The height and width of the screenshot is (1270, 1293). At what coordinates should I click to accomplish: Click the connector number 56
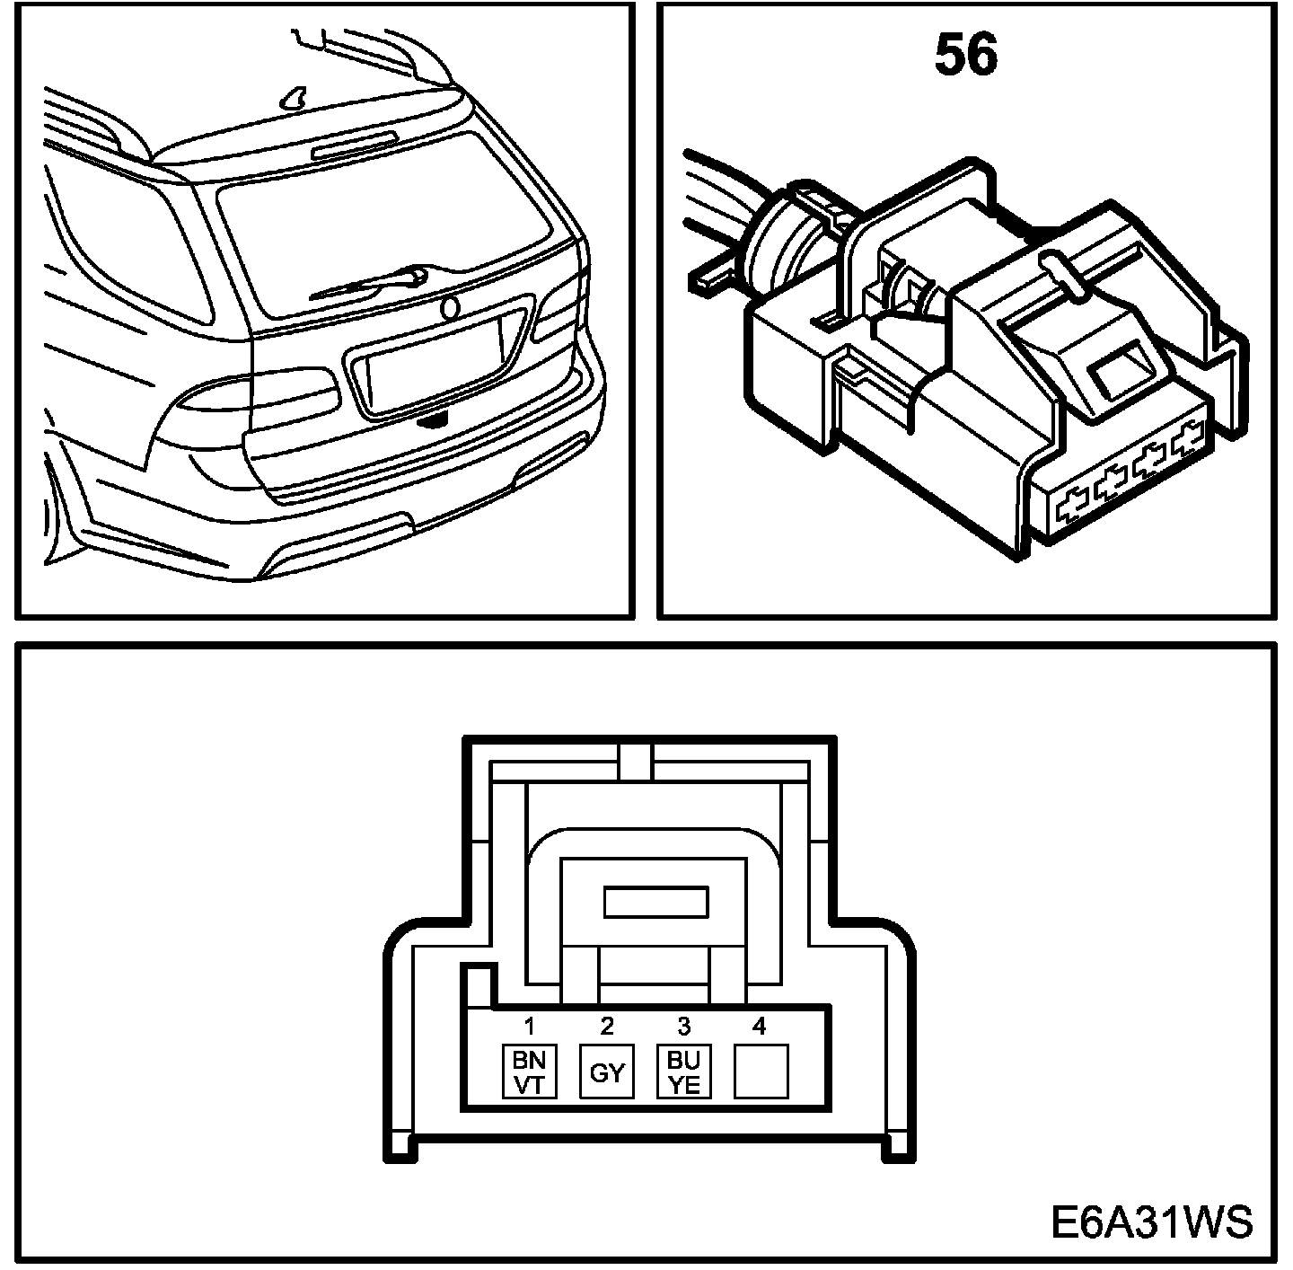coord(966,56)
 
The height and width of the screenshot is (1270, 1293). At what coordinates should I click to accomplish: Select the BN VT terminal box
coord(529,1071)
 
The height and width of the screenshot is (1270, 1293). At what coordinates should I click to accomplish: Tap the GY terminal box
coord(607,1071)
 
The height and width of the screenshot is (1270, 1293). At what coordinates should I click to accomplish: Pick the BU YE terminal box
coord(684,1071)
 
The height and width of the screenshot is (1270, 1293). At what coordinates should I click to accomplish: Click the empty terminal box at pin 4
coord(761,1071)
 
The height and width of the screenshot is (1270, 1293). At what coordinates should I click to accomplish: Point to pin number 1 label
coord(530,1025)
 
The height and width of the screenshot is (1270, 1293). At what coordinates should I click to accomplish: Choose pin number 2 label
coord(607,1025)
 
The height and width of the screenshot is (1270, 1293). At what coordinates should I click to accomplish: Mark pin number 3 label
coord(684,1025)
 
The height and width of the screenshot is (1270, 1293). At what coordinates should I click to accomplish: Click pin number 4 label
coord(760,1025)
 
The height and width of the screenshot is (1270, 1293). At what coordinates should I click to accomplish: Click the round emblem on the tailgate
coord(449,308)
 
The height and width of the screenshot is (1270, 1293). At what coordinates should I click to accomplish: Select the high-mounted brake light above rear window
coord(354,144)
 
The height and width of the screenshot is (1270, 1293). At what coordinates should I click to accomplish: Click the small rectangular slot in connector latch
coord(656,902)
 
